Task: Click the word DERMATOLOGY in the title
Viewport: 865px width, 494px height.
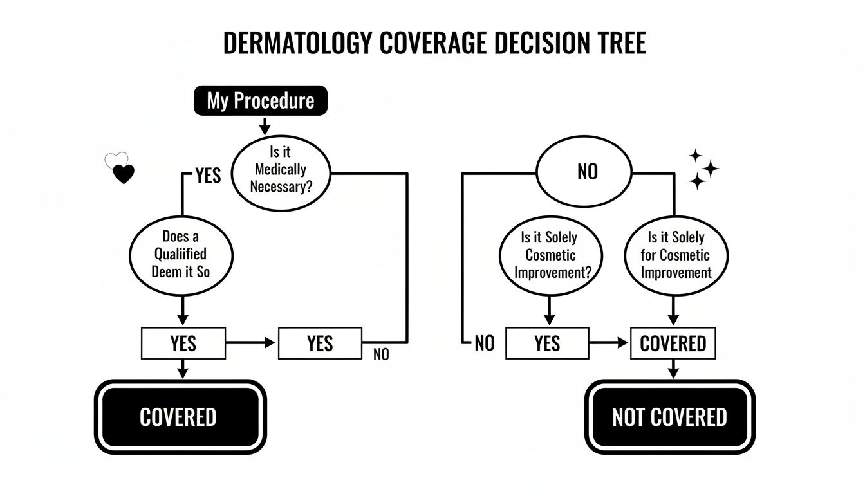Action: click(x=297, y=42)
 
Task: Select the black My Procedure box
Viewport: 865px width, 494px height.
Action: click(x=261, y=101)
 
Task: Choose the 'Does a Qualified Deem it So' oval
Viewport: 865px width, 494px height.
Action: click(x=181, y=254)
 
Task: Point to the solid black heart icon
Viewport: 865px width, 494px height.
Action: click(x=123, y=174)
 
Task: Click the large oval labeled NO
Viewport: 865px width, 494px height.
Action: click(x=587, y=172)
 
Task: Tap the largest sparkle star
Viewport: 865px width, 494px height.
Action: click(x=710, y=169)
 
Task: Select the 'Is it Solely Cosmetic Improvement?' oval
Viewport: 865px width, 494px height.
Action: click(x=549, y=254)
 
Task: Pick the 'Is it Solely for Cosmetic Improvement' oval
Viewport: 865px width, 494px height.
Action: click(x=676, y=254)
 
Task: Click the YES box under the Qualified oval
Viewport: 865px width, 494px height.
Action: click(x=183, y=343)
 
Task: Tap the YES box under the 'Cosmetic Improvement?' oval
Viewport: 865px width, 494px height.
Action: click(x=547, y=343)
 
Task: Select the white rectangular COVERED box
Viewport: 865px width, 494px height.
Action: click(x=673, y=343)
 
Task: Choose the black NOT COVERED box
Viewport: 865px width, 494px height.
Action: click(x=669, y=417)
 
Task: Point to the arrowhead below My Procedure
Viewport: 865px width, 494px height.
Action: click(x=263, y=131)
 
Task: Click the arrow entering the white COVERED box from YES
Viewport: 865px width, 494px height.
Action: click(x=622, y=343)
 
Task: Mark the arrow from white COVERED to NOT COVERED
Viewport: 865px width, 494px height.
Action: click(x=673, y=372)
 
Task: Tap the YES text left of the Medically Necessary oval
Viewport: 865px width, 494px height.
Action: click(x=207, y=175)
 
